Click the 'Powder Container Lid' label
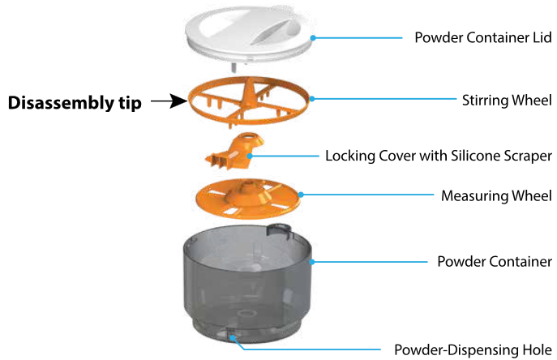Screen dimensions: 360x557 point(482,38)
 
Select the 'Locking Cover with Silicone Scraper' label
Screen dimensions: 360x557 point(438,156)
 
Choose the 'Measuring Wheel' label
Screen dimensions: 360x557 point(496,196)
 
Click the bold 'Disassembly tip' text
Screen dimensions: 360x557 point(75,103)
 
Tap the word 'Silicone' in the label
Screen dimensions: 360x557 point(458,156)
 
